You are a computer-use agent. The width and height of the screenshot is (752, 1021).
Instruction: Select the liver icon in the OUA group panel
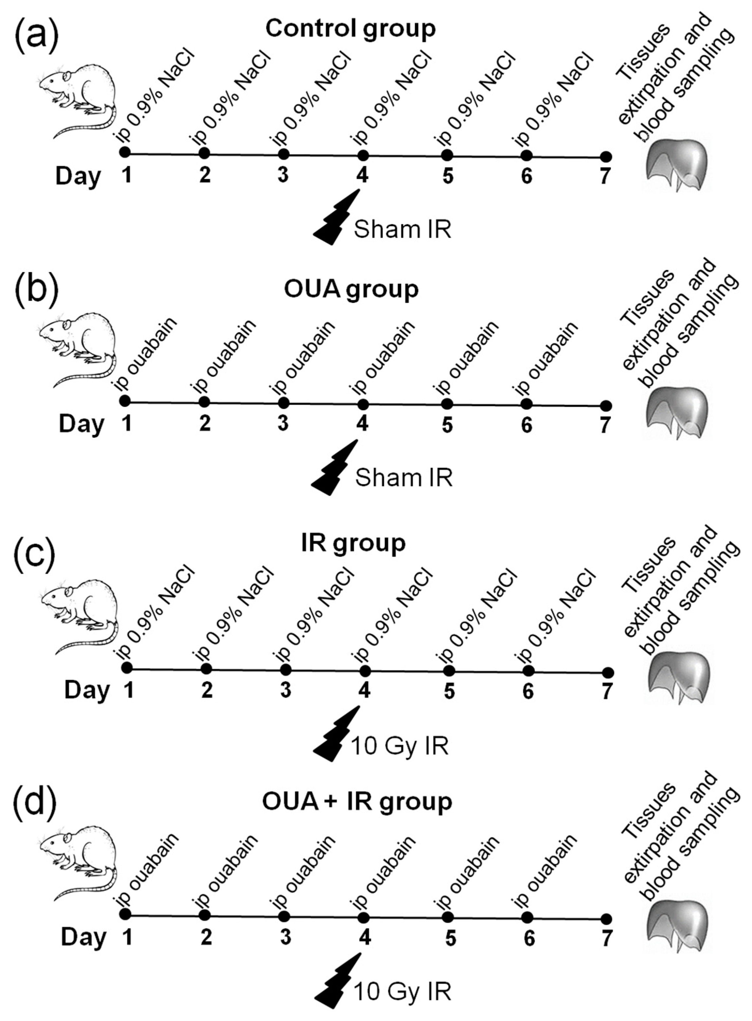coord(679,413)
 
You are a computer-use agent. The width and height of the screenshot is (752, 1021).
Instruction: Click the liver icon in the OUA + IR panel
coord(679,928)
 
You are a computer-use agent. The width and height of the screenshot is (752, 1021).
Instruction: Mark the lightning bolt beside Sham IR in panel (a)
coord(337,217)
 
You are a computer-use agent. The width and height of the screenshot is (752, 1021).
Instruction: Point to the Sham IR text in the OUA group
coord(404,478)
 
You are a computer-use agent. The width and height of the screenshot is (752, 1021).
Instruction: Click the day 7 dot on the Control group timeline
coord(606,157)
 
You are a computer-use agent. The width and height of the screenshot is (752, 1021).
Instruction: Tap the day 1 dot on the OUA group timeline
coord(125,401)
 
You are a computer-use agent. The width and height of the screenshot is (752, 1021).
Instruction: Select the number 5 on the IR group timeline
coord(449,692)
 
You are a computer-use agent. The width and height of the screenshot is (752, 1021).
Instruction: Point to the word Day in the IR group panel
coord(87,690)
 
